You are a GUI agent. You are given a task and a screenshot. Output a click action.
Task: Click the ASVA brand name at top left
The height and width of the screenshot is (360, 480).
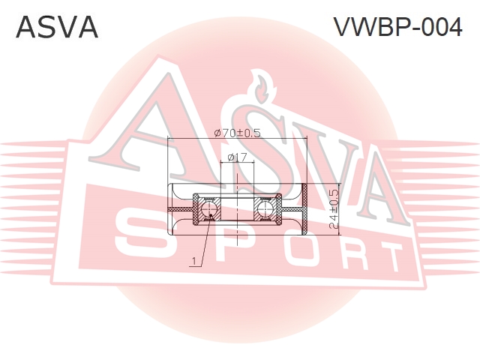(57, 27)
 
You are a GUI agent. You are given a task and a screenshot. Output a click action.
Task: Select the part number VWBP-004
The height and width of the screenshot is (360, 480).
(397, 27)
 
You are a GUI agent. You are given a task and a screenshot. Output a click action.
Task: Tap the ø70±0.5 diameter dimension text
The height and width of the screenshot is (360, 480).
(237, 133)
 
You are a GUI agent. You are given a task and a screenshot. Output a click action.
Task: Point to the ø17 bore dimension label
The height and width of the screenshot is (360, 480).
(237, 157)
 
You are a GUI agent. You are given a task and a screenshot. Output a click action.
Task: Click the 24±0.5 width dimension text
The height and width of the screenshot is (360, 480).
(334, 209)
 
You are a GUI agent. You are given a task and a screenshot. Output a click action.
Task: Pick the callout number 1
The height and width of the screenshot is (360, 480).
(193, 261)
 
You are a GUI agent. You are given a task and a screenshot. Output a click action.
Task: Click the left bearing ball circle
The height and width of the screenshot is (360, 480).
(210, 209)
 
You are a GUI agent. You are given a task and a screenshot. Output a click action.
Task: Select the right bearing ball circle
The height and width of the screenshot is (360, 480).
(264, 209)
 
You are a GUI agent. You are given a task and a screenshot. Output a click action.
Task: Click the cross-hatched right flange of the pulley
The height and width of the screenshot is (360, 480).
(304, 209)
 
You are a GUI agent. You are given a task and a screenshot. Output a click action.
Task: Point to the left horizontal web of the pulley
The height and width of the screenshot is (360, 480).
(181, 209)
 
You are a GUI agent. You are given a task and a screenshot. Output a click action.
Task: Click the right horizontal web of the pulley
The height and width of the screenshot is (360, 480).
(292, 209)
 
